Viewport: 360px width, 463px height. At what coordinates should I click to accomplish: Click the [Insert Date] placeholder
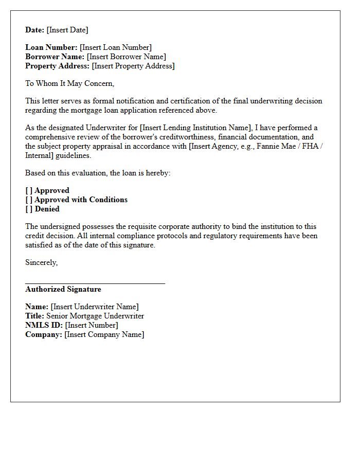pos(67,30)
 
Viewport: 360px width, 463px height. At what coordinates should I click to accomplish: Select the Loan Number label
pos(51,47)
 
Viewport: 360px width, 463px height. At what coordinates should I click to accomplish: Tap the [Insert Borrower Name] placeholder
pos(127,57)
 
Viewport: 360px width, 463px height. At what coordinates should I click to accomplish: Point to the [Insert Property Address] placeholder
pos(133,66)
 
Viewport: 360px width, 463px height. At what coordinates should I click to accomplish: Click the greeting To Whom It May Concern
pos(70,83)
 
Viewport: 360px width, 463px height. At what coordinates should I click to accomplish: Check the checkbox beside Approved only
pos(29,190)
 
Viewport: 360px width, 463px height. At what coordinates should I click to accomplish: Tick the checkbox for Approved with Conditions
pos(29,200)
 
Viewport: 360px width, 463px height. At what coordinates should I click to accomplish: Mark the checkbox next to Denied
pos(29,209)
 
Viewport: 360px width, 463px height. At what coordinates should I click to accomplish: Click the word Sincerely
pos(42,262)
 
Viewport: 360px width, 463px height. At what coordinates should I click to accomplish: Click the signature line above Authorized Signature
pos(95,283)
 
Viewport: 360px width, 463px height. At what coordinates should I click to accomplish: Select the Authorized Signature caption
pos(63,289)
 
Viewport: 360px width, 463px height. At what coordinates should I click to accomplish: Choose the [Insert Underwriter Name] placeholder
pos(95,307)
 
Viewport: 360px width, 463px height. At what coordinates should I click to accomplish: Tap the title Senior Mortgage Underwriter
pos(95,316)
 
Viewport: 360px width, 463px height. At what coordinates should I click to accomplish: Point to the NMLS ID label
pos(44,325)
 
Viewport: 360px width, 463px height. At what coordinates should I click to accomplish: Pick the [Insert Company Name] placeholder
pos(104,334)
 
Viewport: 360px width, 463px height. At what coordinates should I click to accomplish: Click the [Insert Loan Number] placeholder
pos(116,47)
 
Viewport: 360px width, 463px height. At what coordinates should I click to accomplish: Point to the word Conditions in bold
pos(109,200)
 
